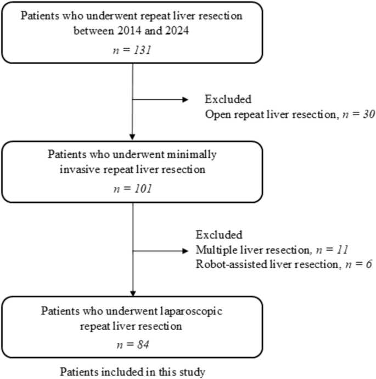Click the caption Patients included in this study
(x=132, y=372)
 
